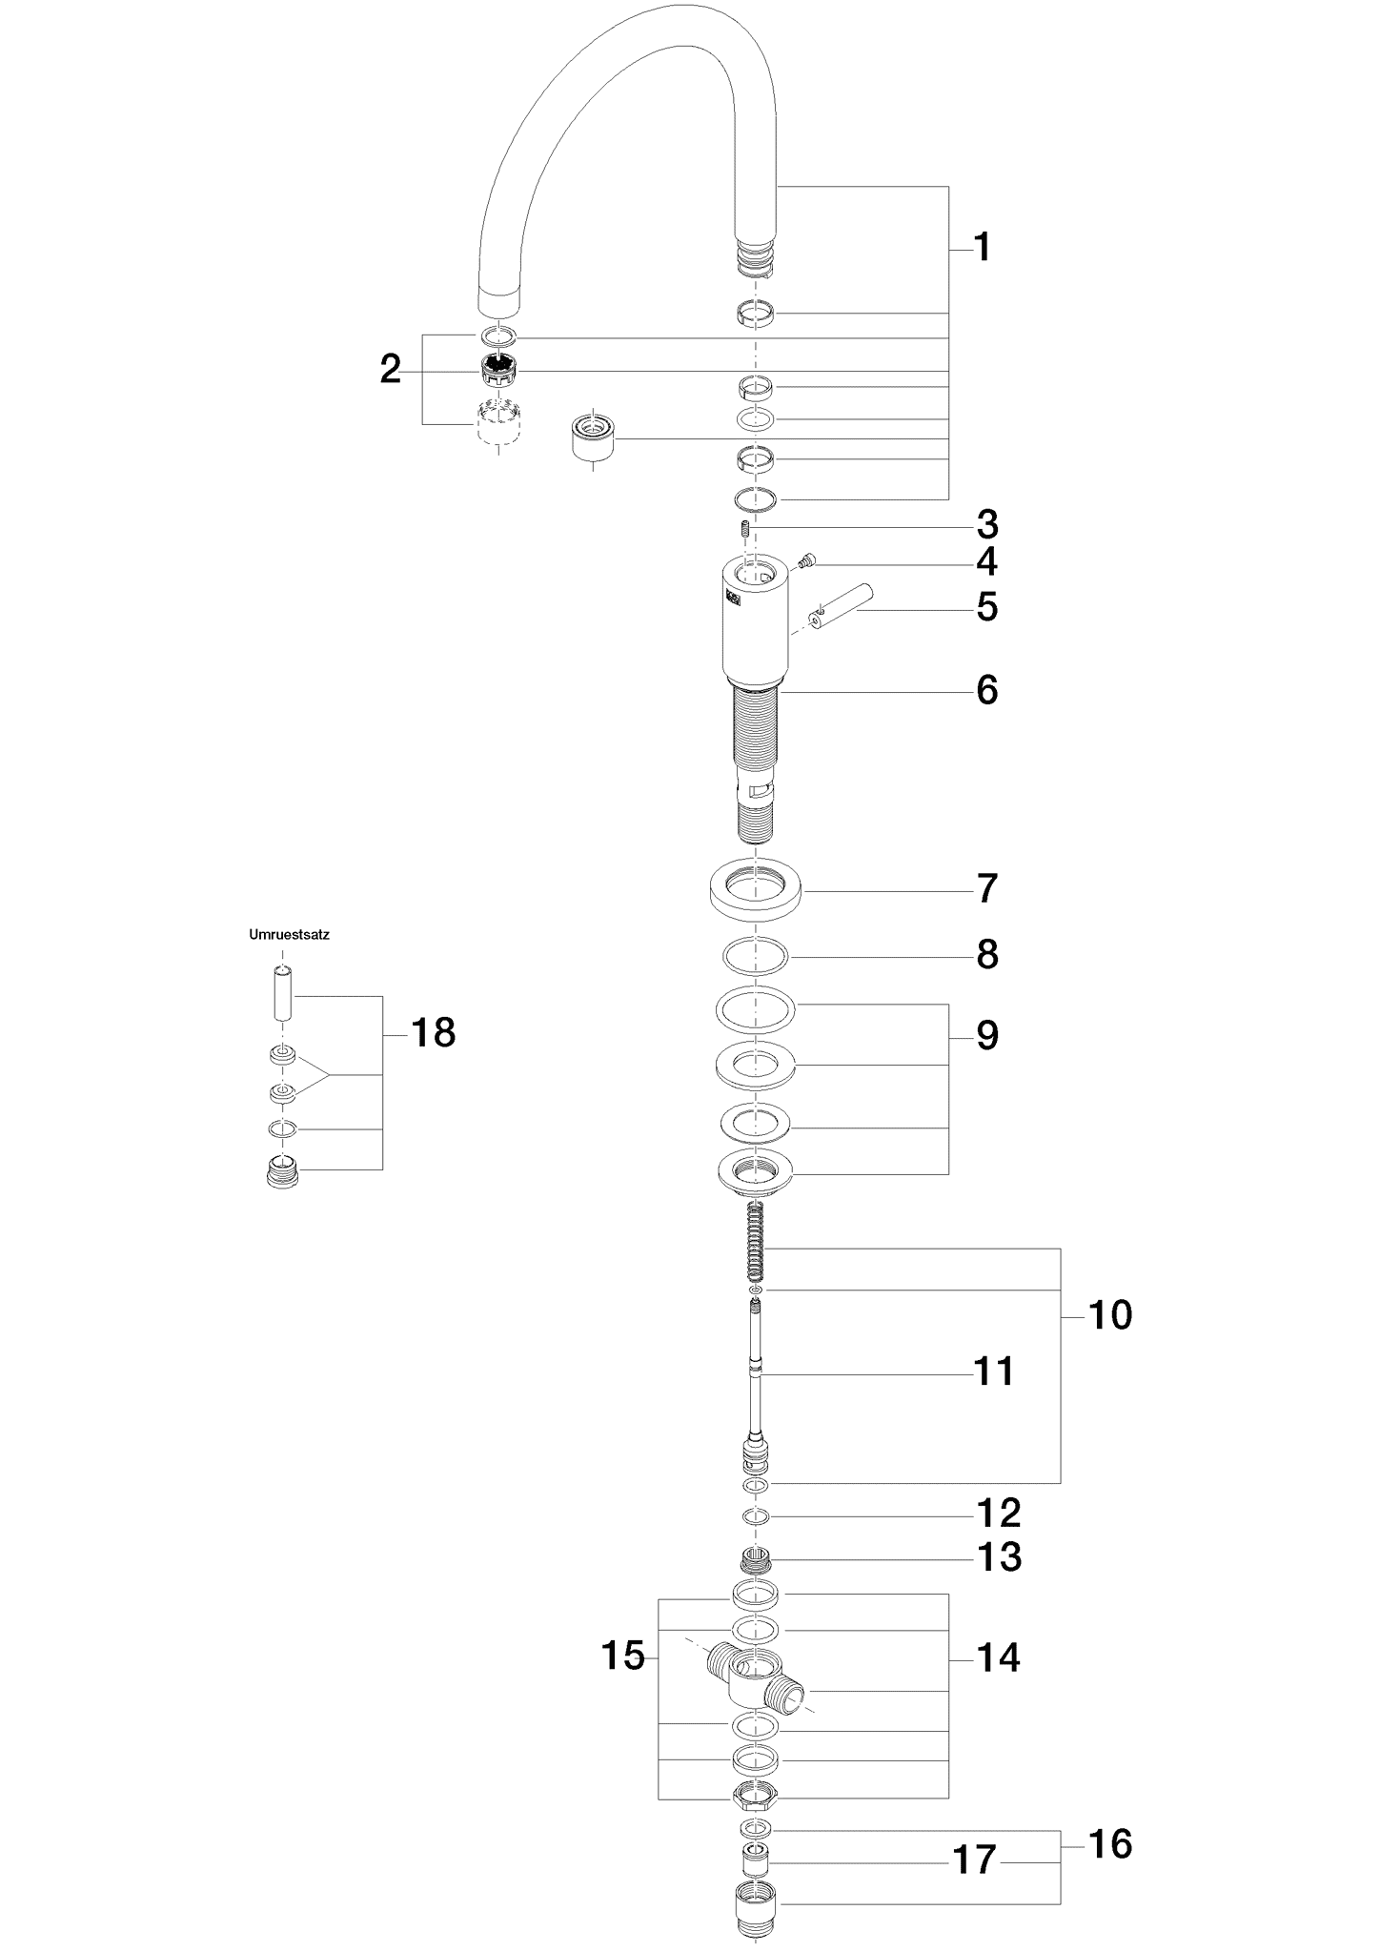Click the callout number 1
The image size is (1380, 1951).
(x=983, y=248)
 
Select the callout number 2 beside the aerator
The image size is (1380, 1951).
(x=390, y=370)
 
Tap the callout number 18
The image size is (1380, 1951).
(x=433, y=1032)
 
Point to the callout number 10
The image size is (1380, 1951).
(x=1109, y=1315)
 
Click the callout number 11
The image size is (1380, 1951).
(x=993, y=1372)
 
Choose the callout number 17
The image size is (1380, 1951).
(x=974, y=1860)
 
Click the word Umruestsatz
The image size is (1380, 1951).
(x=289, y=935)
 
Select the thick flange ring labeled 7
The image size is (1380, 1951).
(x=755, y=889)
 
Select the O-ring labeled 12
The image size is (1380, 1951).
(x=755, y=1516)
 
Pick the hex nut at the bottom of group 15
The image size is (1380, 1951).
(x=756, y=1797)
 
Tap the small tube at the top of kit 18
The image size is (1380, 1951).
(x=282, y=993)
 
